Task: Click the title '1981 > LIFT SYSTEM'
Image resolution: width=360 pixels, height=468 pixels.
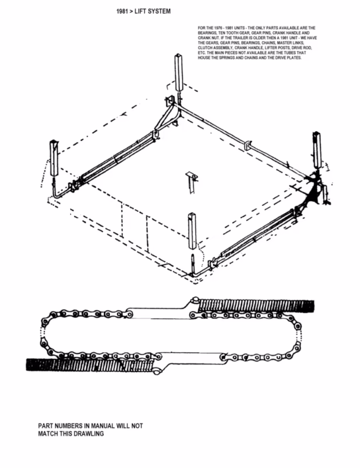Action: click(x=143, y=11)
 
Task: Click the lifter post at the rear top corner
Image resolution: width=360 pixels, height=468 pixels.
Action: click(x=178, y=73)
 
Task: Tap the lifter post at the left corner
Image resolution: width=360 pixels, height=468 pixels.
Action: click(x=54, y=159)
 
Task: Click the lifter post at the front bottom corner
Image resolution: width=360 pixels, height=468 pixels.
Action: click(x=192, y=231)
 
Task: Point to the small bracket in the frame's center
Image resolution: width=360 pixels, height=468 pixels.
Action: click(x=191, y=181)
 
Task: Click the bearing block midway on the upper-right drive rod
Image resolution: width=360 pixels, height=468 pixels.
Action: click(x=248, y=144)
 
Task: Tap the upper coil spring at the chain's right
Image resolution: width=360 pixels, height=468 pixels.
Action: click(x=257, y=306)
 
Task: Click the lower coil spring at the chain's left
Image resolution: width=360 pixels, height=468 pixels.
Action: click(x=89, y=364)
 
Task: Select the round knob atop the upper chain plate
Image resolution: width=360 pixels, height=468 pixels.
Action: click(x=195, y=300)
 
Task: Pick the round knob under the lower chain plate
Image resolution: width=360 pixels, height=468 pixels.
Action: click(x=156, y=371)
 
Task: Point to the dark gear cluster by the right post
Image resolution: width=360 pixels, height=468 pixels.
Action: click(x=312, y=190)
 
